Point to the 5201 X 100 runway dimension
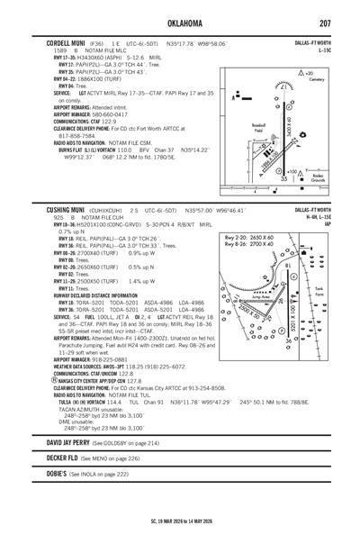(x=314, y=306)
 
